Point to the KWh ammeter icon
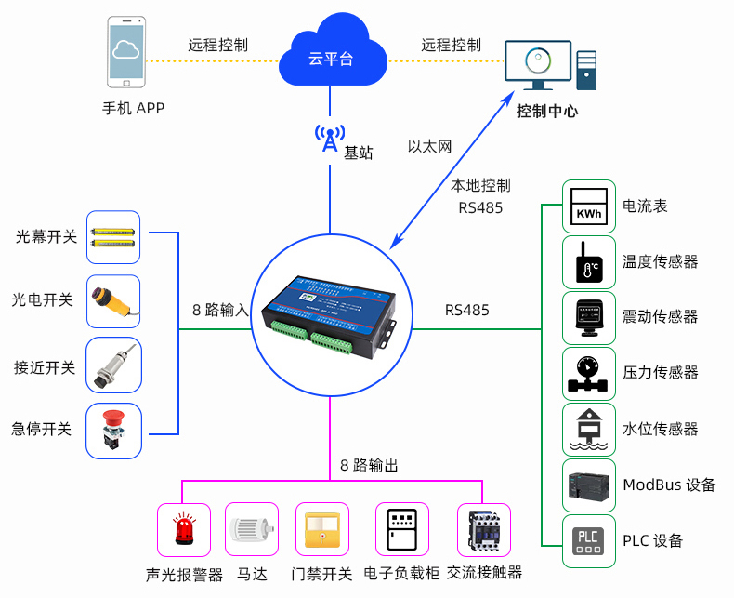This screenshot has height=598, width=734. pos(589,206)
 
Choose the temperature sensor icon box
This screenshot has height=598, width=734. pos(589,262)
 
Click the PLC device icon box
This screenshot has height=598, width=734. pos(589,540)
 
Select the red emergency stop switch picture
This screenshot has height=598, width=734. pos(113,431)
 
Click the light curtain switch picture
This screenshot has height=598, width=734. pos(113,237)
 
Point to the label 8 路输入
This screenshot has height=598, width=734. pos(221,310)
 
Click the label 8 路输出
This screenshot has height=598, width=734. pos(370,465)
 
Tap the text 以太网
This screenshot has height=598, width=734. pos(430,146)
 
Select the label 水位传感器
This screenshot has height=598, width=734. pos(660,429)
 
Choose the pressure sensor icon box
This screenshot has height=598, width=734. pos(589,373)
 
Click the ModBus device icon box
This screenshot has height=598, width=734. pos(589,485)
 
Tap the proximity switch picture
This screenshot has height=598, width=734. pos(113,365)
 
